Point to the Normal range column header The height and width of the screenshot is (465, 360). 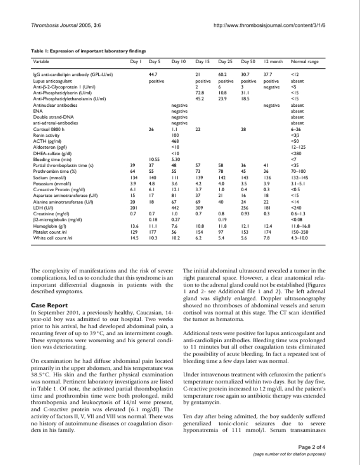tap(304, 61)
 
